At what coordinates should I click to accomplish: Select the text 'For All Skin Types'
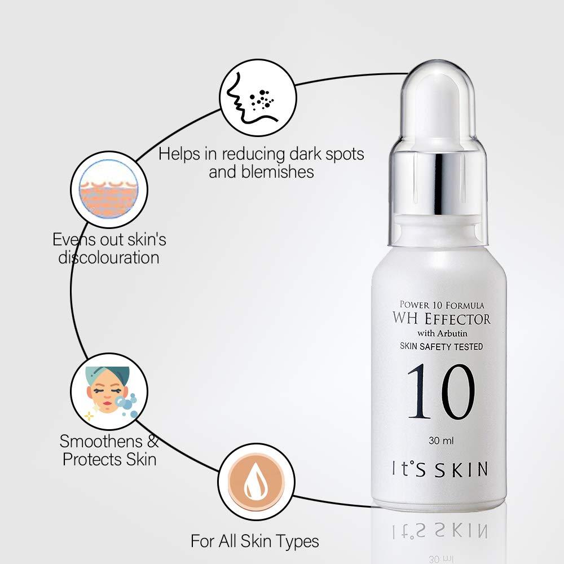(255, 542)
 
